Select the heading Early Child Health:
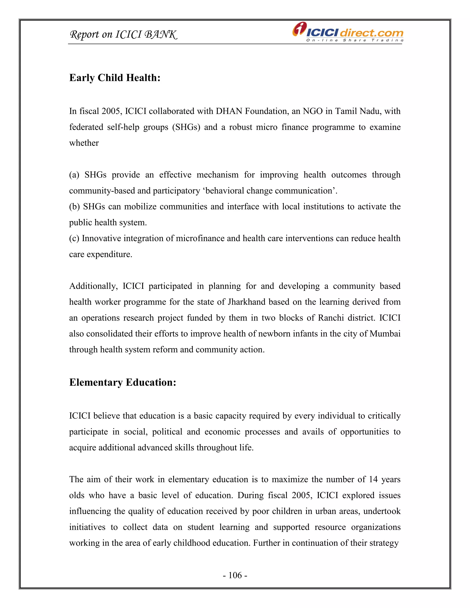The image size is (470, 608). click(x=115, y=78)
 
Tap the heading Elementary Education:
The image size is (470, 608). click(x=123, y=382)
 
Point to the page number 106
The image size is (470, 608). click(x=235, y=575)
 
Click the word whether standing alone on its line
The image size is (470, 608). click(x=84, y=143)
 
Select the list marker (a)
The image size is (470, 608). click(x=74, y=175)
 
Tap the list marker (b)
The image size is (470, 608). click(x=74, y=206)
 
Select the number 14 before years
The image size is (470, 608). click(x=373, y=479)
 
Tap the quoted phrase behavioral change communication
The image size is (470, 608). click(x=269, y=191)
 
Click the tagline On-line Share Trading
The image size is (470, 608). click(x=354, y=40)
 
